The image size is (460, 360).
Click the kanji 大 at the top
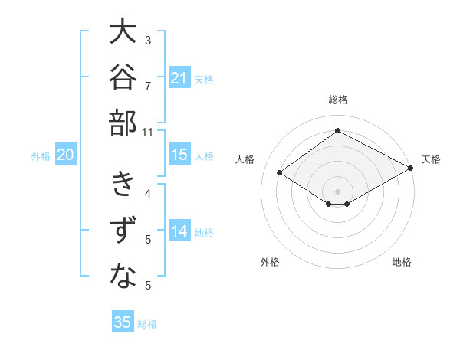(x=123, y=31)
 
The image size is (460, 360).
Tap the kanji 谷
(x=123, y=77)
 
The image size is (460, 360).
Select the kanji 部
(x=123, y=123)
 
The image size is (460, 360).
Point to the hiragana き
(x=123, y=183)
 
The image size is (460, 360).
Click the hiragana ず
(x=123, y=230)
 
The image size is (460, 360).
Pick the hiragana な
(x=123, y=275)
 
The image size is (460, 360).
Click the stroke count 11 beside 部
(x=147, y=133)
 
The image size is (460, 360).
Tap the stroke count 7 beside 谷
(x=148, y=87)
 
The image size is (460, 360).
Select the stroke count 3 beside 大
(x=148, y=40)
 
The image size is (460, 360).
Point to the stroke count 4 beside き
(x=148, y=194)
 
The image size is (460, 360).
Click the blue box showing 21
(x=179, y=77)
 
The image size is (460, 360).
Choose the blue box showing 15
(x=179, y=154)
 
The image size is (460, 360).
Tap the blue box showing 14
(x=179, y=230)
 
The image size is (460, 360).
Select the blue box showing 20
(x=66, y=154)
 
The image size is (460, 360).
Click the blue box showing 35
(x=123, y=321)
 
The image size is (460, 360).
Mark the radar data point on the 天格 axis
(x=411, y=168)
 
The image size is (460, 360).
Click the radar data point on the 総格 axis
(x=337, y=130)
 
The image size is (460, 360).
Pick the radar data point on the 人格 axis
(x=280, y=172)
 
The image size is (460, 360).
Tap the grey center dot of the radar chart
(x=337, y=191)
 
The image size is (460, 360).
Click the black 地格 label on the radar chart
(x=402, y=262)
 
